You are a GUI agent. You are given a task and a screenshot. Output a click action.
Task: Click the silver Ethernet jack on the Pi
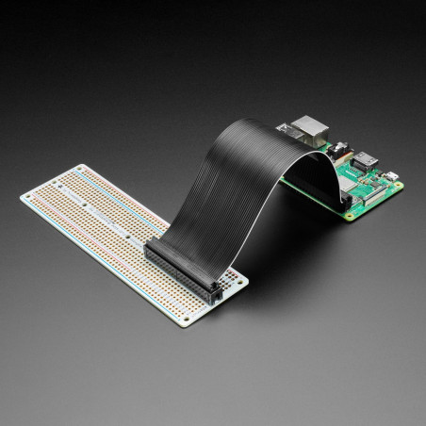tap(308, 126)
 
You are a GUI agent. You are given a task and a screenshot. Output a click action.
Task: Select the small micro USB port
tap(387, 175)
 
